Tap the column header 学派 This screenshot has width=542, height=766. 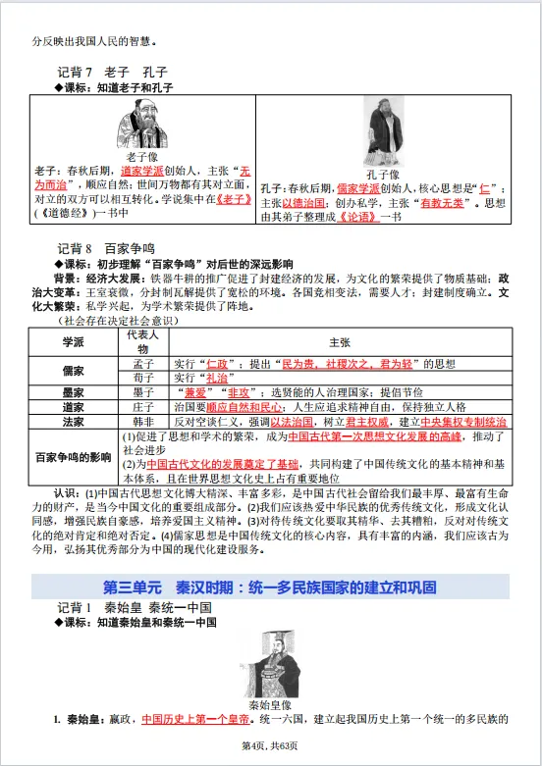pos(74,341)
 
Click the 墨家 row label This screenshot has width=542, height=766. pos(74,391)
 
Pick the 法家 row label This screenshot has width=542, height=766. pos(74,421)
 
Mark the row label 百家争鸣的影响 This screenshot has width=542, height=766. pos(74,457)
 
